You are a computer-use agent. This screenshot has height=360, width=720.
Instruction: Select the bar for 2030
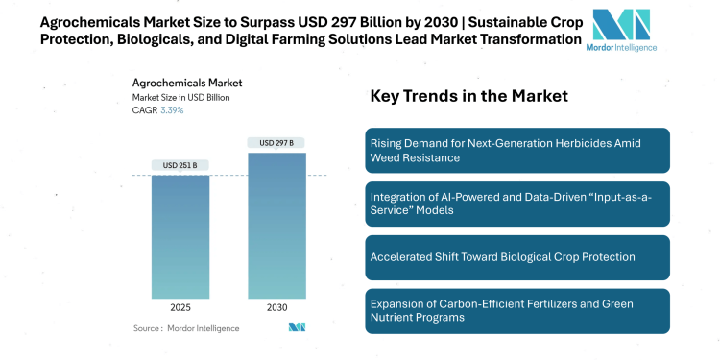(276, 225)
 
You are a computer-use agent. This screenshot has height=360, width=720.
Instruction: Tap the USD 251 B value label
(180, 165)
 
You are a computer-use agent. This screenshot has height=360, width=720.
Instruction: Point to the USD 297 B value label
(276, 143)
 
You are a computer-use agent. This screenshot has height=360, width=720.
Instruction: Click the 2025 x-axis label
(180, 309)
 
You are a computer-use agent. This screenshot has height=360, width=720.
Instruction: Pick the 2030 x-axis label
(276, 309)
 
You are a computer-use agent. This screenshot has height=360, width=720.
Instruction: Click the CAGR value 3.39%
(171, 110)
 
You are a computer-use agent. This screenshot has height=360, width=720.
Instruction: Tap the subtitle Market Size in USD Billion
(180, 97)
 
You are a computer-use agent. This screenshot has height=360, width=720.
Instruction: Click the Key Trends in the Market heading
(469, 96)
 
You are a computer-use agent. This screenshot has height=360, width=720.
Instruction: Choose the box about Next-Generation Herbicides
(531, 149)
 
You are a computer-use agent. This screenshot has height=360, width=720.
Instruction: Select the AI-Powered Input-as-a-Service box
(531, 204)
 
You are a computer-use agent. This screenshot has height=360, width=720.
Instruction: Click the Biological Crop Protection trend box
(531, 257)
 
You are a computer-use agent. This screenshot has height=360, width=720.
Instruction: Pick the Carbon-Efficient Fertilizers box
(531, 311)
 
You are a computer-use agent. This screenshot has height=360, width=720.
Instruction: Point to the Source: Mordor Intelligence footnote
(186, 328)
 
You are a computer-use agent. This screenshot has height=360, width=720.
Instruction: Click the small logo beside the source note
(297, 327)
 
